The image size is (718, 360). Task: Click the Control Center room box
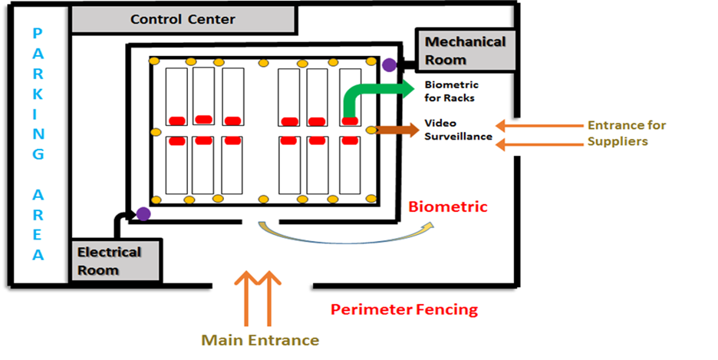coord(183,19)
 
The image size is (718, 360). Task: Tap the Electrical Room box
coord(117,260)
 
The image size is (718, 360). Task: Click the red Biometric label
coord(448,207)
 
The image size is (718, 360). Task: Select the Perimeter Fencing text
coord(404,310)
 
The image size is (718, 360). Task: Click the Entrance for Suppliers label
coord(626,133)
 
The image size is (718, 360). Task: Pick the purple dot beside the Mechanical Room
coord(390,65)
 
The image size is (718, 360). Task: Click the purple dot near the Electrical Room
coord(143,214)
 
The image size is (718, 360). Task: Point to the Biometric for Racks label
coord(451,91)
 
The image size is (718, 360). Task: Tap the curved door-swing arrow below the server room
coord(345,232)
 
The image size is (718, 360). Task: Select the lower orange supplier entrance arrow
coord(537,143)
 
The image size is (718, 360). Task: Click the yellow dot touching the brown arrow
coord(372,130)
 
